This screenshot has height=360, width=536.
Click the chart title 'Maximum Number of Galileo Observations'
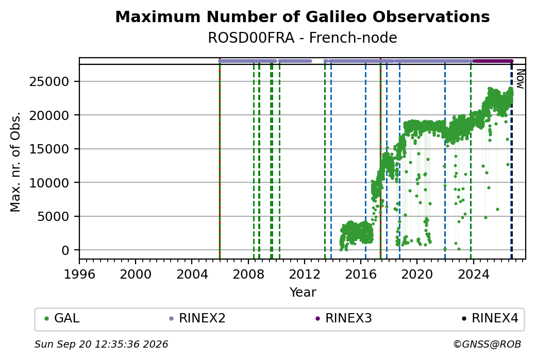click(302, 16)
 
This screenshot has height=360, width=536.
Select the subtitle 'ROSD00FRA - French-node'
click(302, 38)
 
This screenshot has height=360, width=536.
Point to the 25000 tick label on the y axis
click(49, 82)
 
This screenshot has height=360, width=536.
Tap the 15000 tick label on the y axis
click(49, 149)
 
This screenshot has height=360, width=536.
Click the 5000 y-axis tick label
click(53, 216)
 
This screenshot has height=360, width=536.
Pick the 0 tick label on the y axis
click(65, 250)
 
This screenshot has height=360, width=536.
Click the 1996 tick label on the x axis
click(79, 274)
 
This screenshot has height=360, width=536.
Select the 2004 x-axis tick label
click(192, 274)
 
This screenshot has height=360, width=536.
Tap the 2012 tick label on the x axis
click(304, 274)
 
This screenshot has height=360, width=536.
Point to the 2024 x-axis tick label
click(473, 274)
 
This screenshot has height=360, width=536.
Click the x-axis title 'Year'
click(303, 293)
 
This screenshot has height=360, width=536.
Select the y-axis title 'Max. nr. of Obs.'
click(15, 162)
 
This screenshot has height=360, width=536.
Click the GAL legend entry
click(62, 318)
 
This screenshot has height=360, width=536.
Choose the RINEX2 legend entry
click(197, 318)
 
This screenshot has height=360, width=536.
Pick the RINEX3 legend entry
click(344, 318)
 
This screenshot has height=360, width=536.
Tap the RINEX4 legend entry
click(490, 318)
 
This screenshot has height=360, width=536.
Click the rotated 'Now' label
click(520, 79)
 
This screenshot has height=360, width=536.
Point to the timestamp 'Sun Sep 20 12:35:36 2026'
click(101, 344)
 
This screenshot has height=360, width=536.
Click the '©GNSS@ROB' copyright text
click(487, 344)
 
